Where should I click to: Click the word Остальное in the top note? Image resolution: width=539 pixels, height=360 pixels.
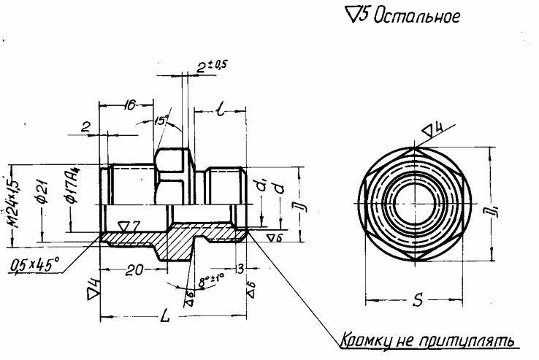pyautogui.click(x=417, y=15)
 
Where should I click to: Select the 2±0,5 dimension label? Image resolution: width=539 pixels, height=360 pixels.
pyautogui.click(x=213, y=66)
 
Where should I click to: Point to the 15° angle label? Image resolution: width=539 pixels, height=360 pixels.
pyautogui.click(x=161, y=120)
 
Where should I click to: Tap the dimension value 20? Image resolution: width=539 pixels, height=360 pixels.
pyautogui.click(x=133, y=270)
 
